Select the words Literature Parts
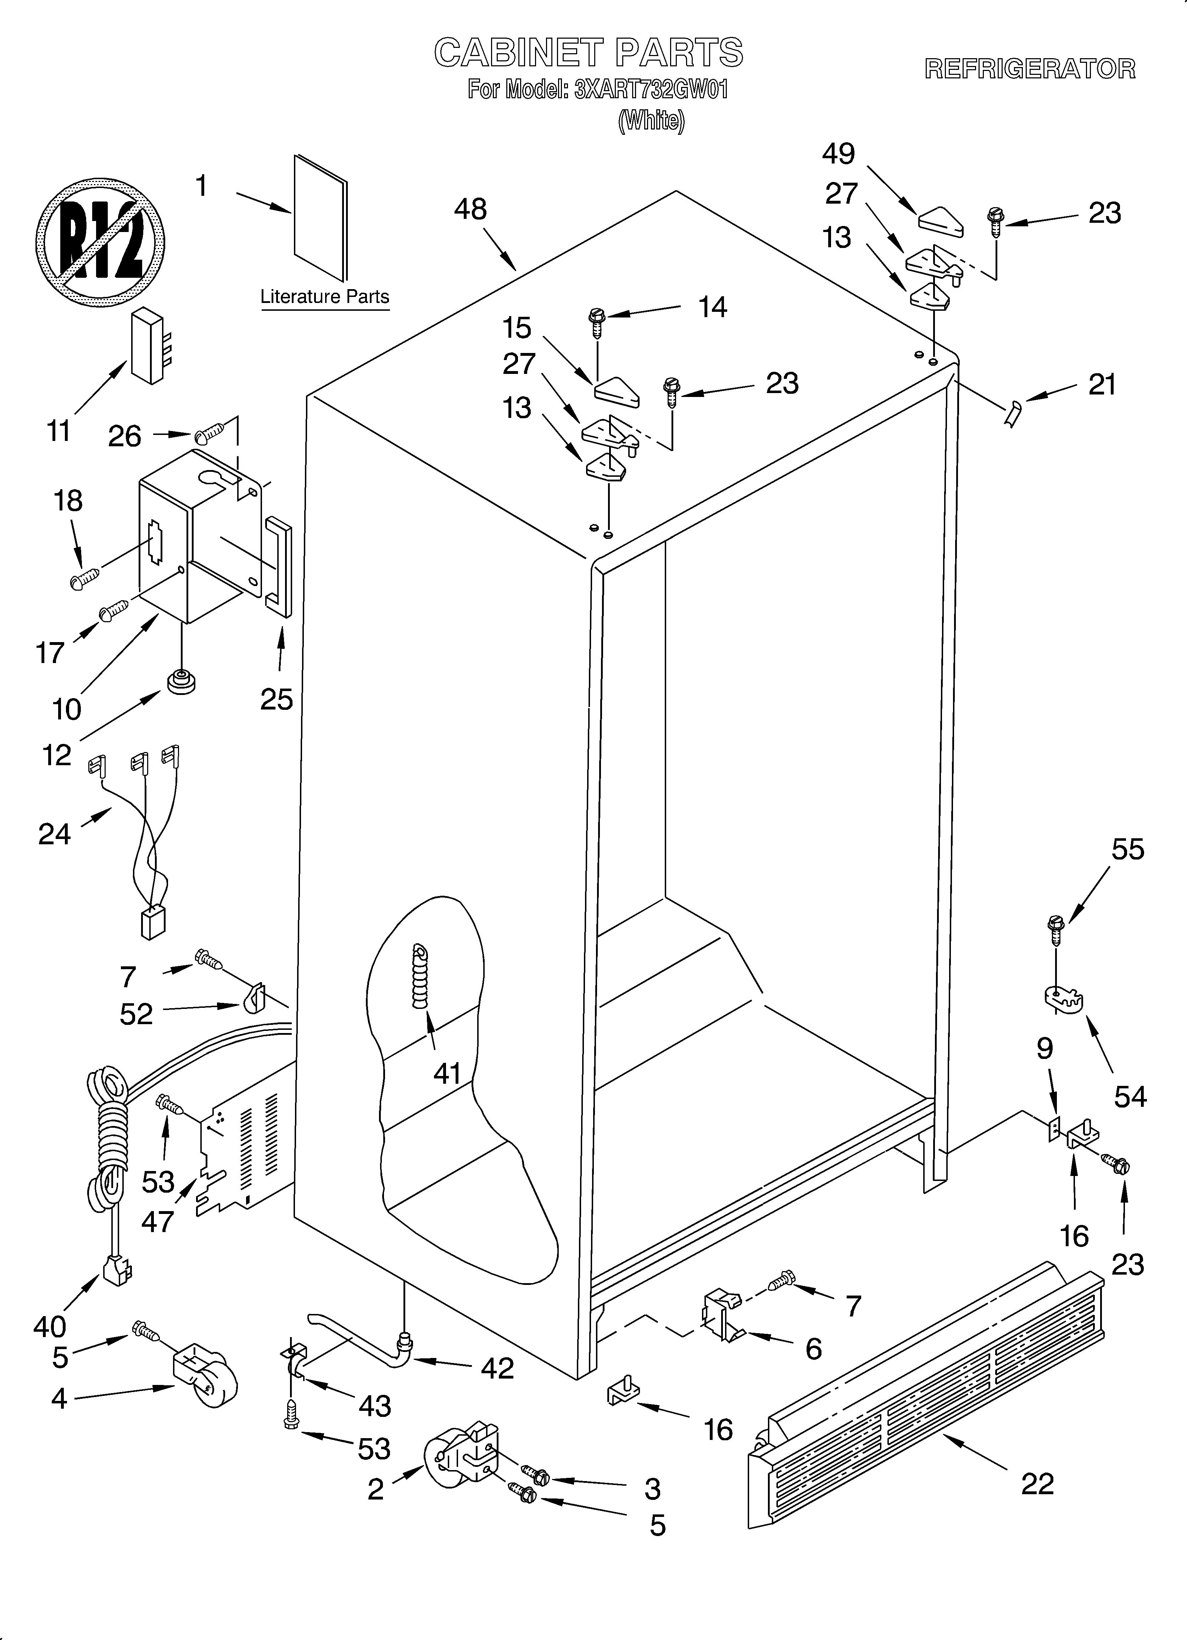click(x=325, y=297)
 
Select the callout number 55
click(x=1128, y=849)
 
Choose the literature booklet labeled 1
click(x=320, y=217)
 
